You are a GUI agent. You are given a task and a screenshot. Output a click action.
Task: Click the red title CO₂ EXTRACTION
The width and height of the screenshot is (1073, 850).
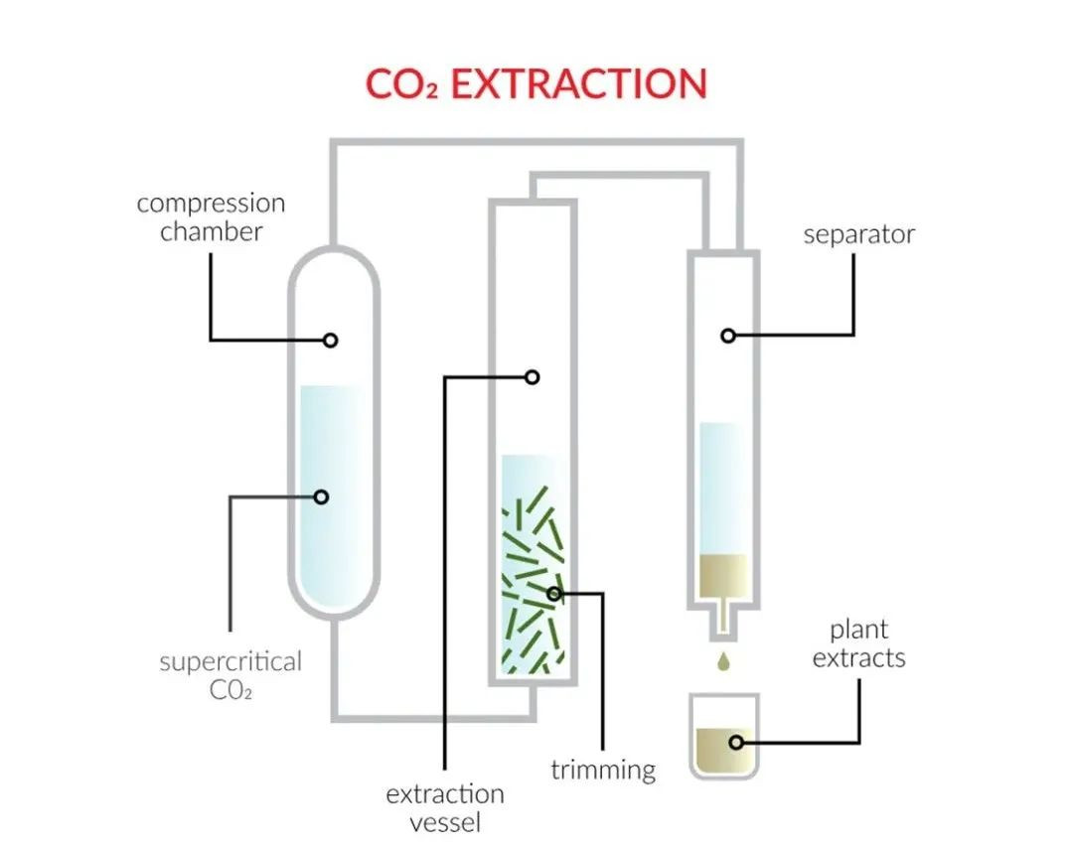tap(536, 83)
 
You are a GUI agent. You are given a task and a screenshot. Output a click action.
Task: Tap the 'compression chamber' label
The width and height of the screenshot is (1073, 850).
tap(211, 217)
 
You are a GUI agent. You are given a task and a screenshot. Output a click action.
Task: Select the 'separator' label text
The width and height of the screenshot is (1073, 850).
tap(858, 235)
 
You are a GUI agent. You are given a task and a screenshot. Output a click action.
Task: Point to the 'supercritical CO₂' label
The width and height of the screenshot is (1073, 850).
tap(230, 675)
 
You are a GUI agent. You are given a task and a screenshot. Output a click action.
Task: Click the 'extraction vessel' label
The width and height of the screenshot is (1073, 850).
tap(444, 808)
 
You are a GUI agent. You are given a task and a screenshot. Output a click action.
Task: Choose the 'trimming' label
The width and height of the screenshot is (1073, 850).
tap(603, 770)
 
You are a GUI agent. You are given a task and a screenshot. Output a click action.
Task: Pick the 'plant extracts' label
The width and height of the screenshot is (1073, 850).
tap(858, 643)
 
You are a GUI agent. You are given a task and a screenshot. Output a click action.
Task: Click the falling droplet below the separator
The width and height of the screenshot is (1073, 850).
tap(723, 658)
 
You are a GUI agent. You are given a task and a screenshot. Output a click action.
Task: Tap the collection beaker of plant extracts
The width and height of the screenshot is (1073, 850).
tap(723, 737)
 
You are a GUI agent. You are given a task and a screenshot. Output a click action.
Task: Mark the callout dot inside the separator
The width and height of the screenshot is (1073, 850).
tap(728, 336)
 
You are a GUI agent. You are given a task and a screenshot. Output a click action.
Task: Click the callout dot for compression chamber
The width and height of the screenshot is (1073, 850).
tap(331, 340)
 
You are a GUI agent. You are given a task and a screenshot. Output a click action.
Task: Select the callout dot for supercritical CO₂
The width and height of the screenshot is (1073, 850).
tap(321, 496)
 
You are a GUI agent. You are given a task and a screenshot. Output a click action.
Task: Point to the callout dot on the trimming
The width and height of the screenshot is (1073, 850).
tap(554, 594)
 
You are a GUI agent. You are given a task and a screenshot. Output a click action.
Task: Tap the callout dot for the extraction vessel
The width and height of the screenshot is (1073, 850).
tap(533, 376)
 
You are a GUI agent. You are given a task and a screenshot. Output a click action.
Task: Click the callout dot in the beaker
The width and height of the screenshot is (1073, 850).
tap(736, 742)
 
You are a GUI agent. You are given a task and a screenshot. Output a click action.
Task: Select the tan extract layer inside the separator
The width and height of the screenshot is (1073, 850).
tap(723, 574)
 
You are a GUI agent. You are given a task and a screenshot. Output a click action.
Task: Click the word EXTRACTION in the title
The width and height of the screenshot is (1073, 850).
tap(578, 83)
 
